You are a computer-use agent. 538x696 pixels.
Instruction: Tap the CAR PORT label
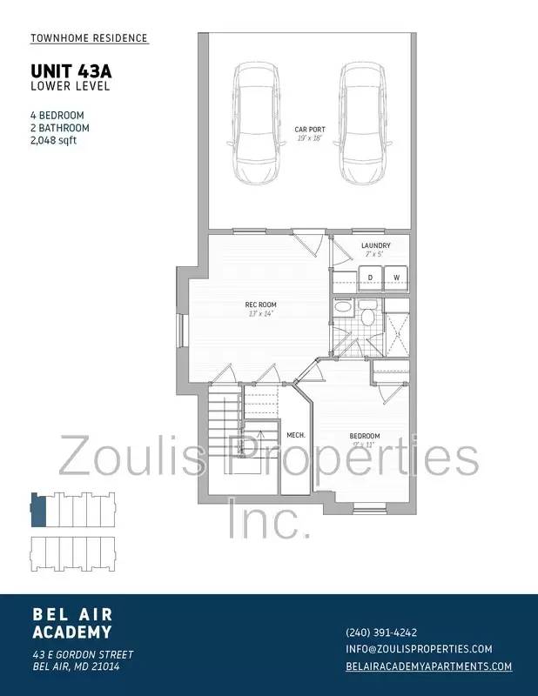coord(309,130)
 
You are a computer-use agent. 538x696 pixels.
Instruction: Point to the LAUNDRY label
coord(375,245)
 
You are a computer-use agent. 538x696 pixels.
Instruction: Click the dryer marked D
coord(369,278)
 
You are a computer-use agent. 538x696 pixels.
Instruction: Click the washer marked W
coord(396,278)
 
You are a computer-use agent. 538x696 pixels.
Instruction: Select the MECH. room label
coord(295,435)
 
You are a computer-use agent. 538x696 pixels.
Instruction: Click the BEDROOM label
coord(365,436)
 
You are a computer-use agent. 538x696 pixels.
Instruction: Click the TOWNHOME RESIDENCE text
coord(89,38)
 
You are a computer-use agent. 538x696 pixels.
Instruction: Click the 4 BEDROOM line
coord(57,115)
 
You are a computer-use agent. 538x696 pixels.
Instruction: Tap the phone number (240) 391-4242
coord(381,632)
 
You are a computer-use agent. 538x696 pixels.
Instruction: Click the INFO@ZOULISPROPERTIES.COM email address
coord(419,649)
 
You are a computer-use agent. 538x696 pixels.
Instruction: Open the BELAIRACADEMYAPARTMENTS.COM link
coord(428,666)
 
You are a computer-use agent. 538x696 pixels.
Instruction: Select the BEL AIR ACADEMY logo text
coord(72,624)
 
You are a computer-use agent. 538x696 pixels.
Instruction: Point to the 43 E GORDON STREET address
coord(83,654)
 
